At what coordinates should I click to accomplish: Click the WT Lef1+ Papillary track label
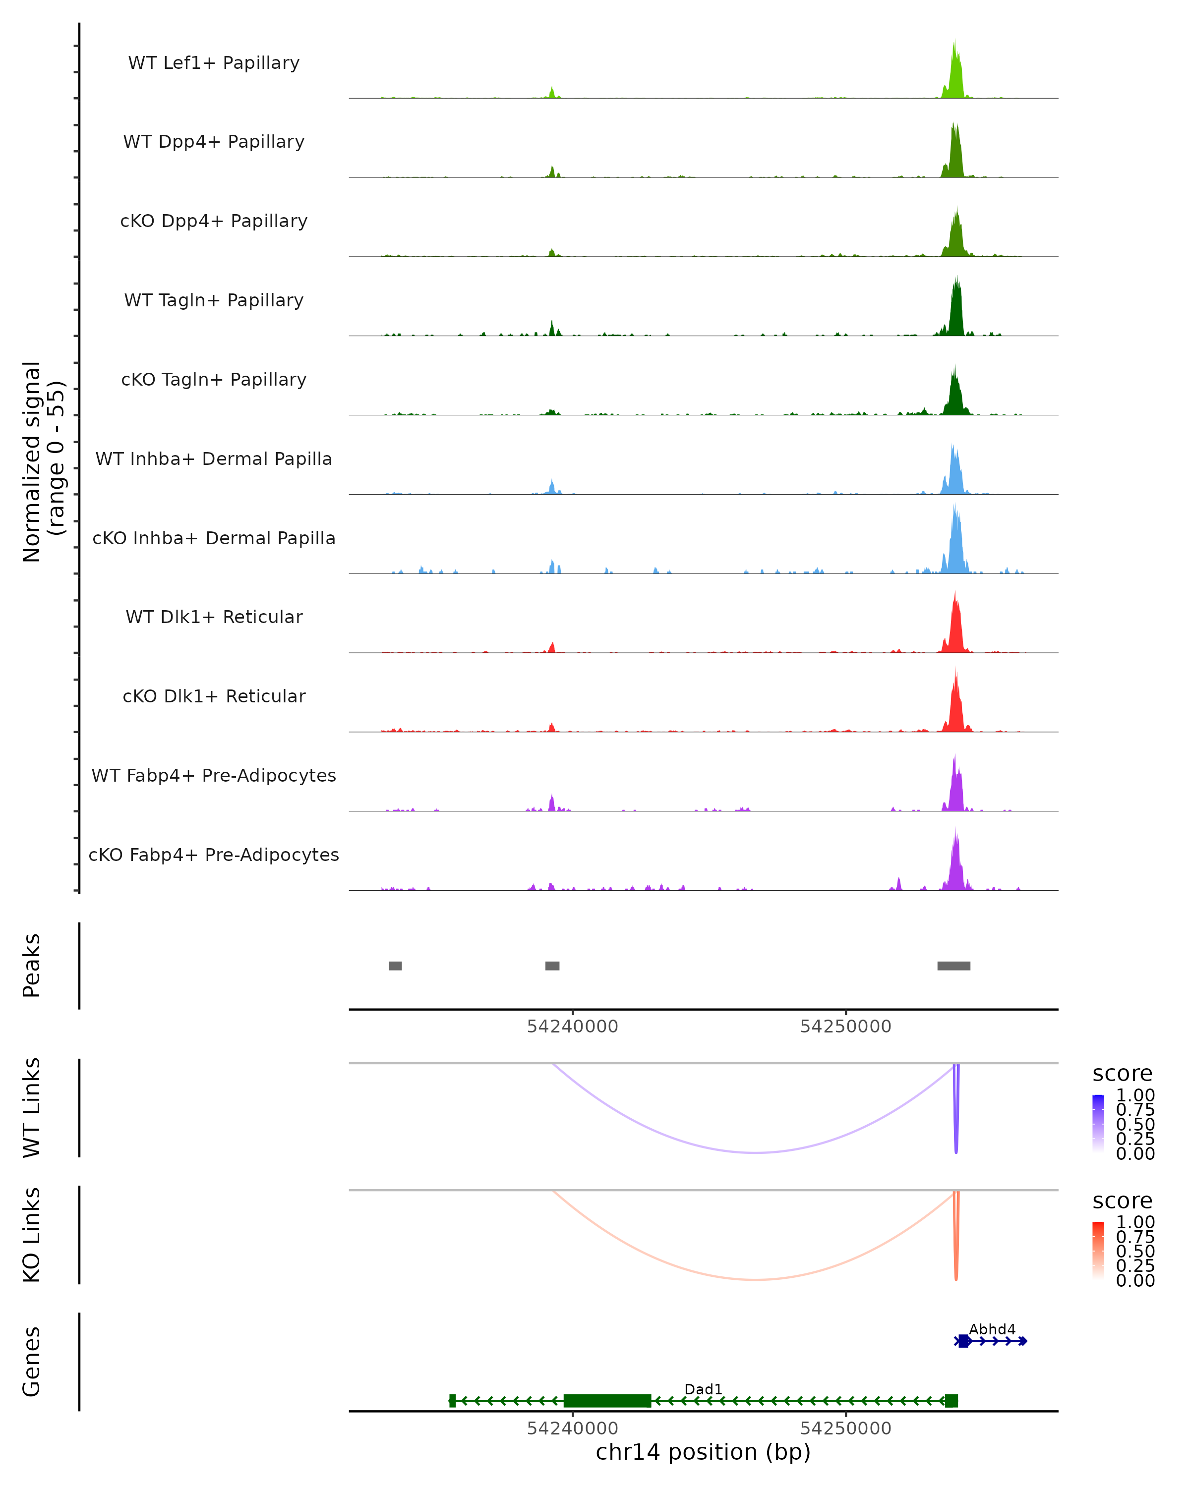tap(214, 63)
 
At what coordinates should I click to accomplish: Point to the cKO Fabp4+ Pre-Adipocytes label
tap(214, 855)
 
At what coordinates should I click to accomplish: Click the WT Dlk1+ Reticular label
tap(214, 617)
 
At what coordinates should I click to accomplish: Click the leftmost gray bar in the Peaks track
tap(395, 966)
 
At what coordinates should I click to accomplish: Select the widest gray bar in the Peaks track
tap(953, 966)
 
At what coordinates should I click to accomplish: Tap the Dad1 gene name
tap(703, 1389)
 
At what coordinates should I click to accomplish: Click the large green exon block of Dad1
tap(607, 1401)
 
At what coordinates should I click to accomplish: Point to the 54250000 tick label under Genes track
tap(846, 1429)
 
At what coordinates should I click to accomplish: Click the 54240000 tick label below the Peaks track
tap(573, 1027)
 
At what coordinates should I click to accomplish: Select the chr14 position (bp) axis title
tap(703, 1452)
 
